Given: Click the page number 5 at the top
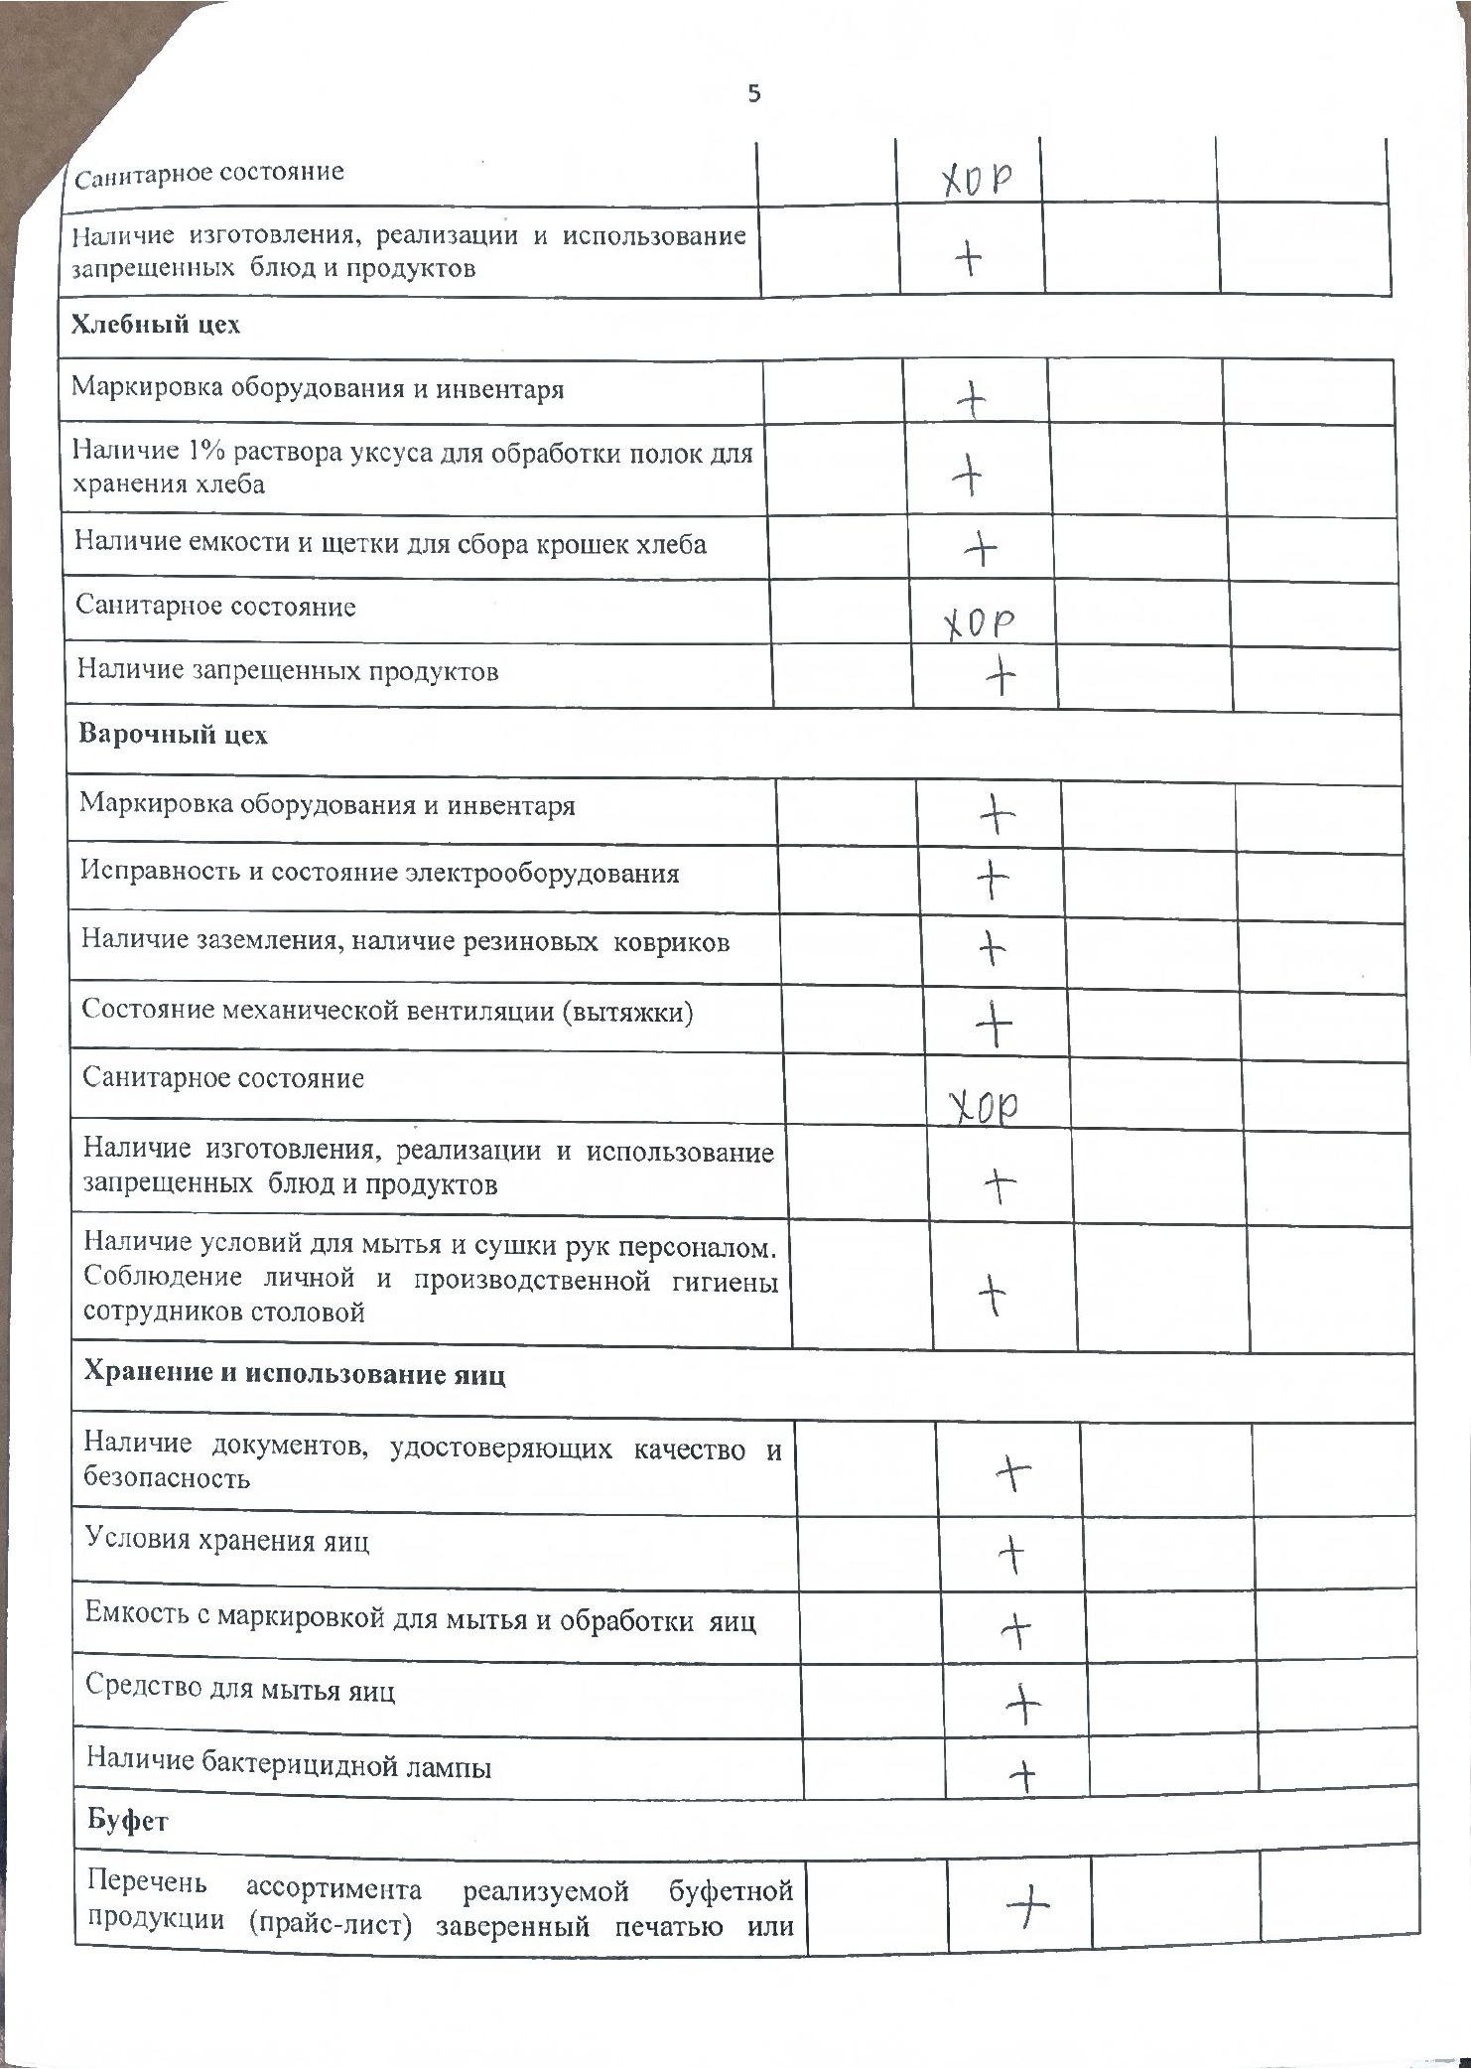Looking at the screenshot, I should click(x=754, y=94).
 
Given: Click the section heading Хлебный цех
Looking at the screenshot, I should click(x=156, y=326).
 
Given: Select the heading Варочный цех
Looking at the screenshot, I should click(x=173, y=736).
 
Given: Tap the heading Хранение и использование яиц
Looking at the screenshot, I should click(x=295, y=1374).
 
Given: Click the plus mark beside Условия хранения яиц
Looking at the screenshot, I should click(x=1011, y=1554).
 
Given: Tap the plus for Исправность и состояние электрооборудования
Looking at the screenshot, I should click(x=993, y=878).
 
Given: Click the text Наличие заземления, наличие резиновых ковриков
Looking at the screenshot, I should click(x=406, y=941).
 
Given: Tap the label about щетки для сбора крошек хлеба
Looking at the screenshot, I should click(x=391, y=544).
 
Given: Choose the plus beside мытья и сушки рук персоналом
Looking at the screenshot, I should click(x=993, y=1294).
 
